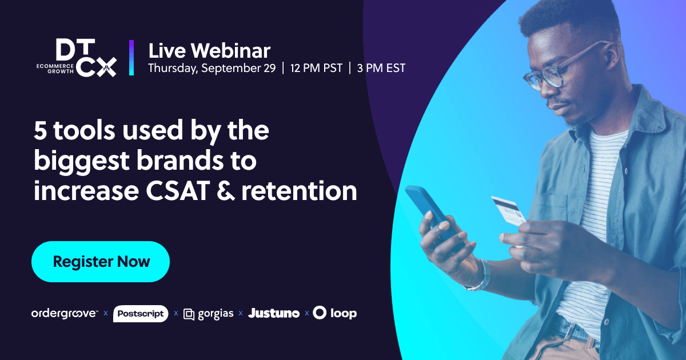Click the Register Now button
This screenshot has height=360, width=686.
tap(101, 262)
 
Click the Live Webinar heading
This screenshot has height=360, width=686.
tap(209, 51)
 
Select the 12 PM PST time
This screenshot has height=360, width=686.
tap(316, 68)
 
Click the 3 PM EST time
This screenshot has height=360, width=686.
tap(381, 68)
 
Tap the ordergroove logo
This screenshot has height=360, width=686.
tap(65, 313)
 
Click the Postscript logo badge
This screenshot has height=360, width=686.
tap(141, 313)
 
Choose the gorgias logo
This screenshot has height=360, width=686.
tap(209, 314)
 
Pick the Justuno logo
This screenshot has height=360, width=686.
tap(274, 313)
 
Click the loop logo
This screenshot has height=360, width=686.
tap(335, 313)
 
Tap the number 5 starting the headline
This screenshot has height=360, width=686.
tap(40, 131)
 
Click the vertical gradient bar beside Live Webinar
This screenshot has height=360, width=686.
tap(131, 58)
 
